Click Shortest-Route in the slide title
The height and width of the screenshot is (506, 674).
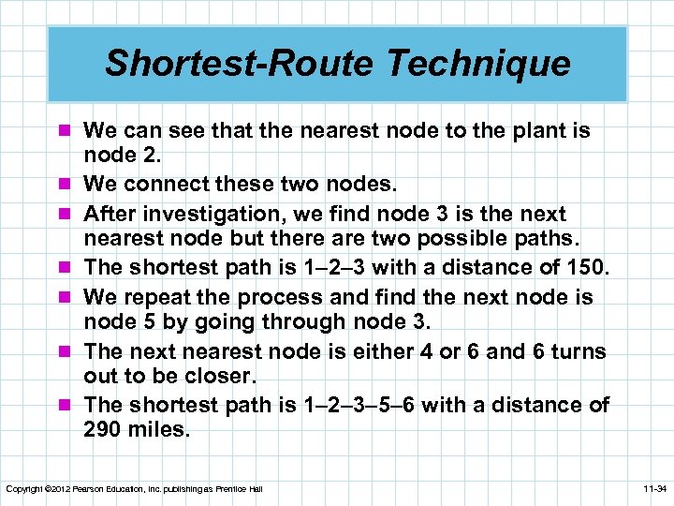coord(239,64)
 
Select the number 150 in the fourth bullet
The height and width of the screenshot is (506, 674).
coord(586,268)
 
